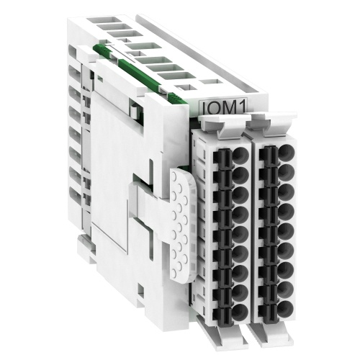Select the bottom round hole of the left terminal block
tap(240, 312)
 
